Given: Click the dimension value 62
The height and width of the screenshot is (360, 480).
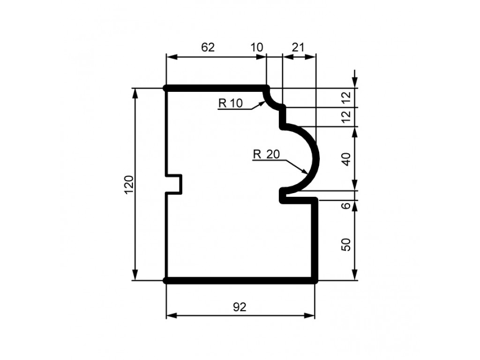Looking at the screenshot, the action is point(208,47).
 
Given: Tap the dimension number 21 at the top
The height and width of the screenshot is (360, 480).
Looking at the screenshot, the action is point(298,47).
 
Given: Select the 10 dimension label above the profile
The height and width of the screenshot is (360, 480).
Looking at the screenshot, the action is point(256,47).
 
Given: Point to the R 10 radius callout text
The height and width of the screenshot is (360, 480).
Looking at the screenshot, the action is point(231,104).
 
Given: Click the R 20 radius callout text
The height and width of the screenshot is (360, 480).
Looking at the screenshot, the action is point(266,154).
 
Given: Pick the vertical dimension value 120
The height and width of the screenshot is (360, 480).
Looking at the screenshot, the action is point(129,185).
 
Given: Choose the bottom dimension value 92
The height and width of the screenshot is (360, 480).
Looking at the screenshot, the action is point(240,307).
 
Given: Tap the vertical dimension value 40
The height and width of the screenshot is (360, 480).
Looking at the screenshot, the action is point(346,159).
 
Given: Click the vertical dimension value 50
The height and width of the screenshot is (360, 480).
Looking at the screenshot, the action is point(346,245).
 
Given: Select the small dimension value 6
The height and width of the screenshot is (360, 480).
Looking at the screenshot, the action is point(346,205).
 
